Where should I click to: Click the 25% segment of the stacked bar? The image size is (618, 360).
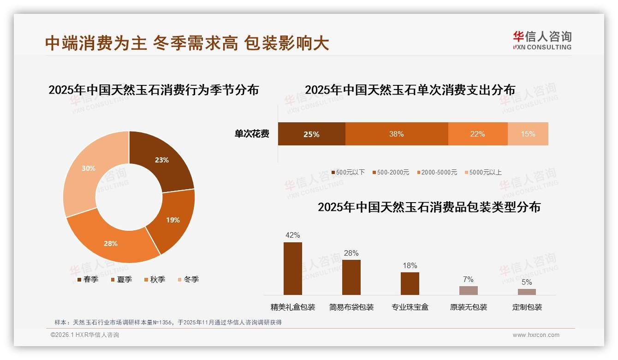pyautogui.click(x=311, y=134)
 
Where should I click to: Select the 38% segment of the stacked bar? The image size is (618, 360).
pyautogui.click(x=397, y=134)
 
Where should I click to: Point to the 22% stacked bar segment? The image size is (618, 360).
pyautogui.click(x=478, y=134)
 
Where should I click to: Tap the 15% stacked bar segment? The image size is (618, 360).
pyautogui.click(x=528, y=134)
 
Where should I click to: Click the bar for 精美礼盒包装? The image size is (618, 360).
pyautogui.click(x=293, y=269)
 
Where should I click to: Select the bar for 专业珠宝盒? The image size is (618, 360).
pyautogui.click(x=410, y=283)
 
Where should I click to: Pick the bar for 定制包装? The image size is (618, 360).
pyautogui.click(x=527, y=292)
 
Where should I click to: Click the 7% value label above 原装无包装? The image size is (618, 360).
pyautogui.click(x=468, y=279)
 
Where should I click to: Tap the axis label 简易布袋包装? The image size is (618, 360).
pyautogui.click(x=351, y=307)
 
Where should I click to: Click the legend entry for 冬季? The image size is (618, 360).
pyautogui.click(x=188, y=279)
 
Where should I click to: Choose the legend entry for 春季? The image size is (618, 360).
pyautogui.click(x=88, y=279)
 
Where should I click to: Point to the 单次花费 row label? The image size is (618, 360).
pyautogui.click(x=252, y=134)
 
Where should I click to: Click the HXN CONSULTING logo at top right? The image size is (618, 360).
pyautogui.click(x=542, y=41)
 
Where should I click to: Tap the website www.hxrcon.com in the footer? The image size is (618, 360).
pyautogui.click(x=536, y=335)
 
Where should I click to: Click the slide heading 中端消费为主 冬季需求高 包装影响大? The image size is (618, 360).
pyautogui.click(x=187, y=43)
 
